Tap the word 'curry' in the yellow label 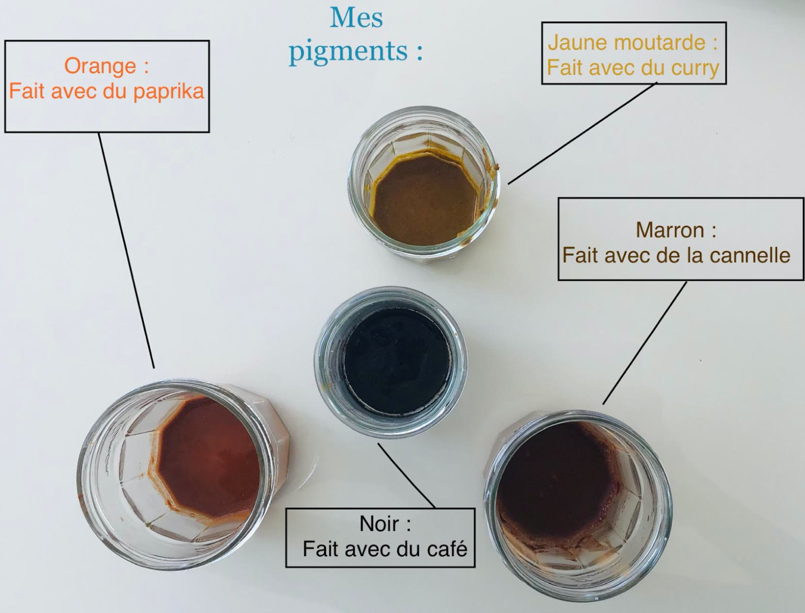(694, 69)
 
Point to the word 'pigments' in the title (348, 52)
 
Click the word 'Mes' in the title (356, 18)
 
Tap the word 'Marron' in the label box (670, 230)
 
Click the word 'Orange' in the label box (100, 67)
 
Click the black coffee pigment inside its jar (397, 361)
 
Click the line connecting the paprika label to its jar (126, 250)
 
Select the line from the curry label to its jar (582, 133)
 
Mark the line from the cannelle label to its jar (645, 343)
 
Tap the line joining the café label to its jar (407, 476)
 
